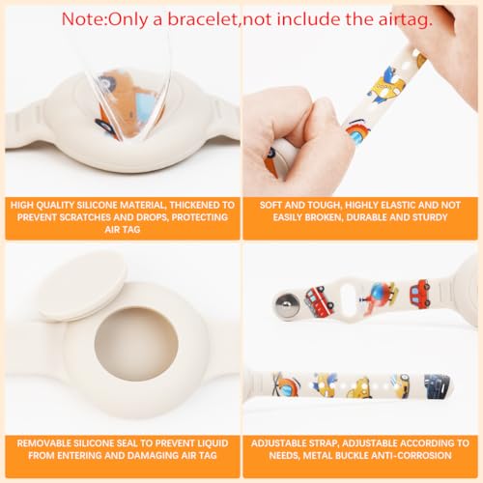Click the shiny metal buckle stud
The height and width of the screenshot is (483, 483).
[285, 304]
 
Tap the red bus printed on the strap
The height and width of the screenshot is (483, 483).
[320, 298]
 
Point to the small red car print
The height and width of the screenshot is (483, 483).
[420, 293]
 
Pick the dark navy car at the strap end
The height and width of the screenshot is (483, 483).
[436, 386]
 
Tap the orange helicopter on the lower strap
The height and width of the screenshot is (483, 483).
[286, 384]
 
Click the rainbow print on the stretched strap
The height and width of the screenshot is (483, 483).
[358, 130]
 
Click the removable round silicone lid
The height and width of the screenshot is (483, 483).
[82, 287]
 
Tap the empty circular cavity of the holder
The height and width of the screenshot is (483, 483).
[136, 344]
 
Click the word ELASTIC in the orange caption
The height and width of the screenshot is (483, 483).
[400, 205]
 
